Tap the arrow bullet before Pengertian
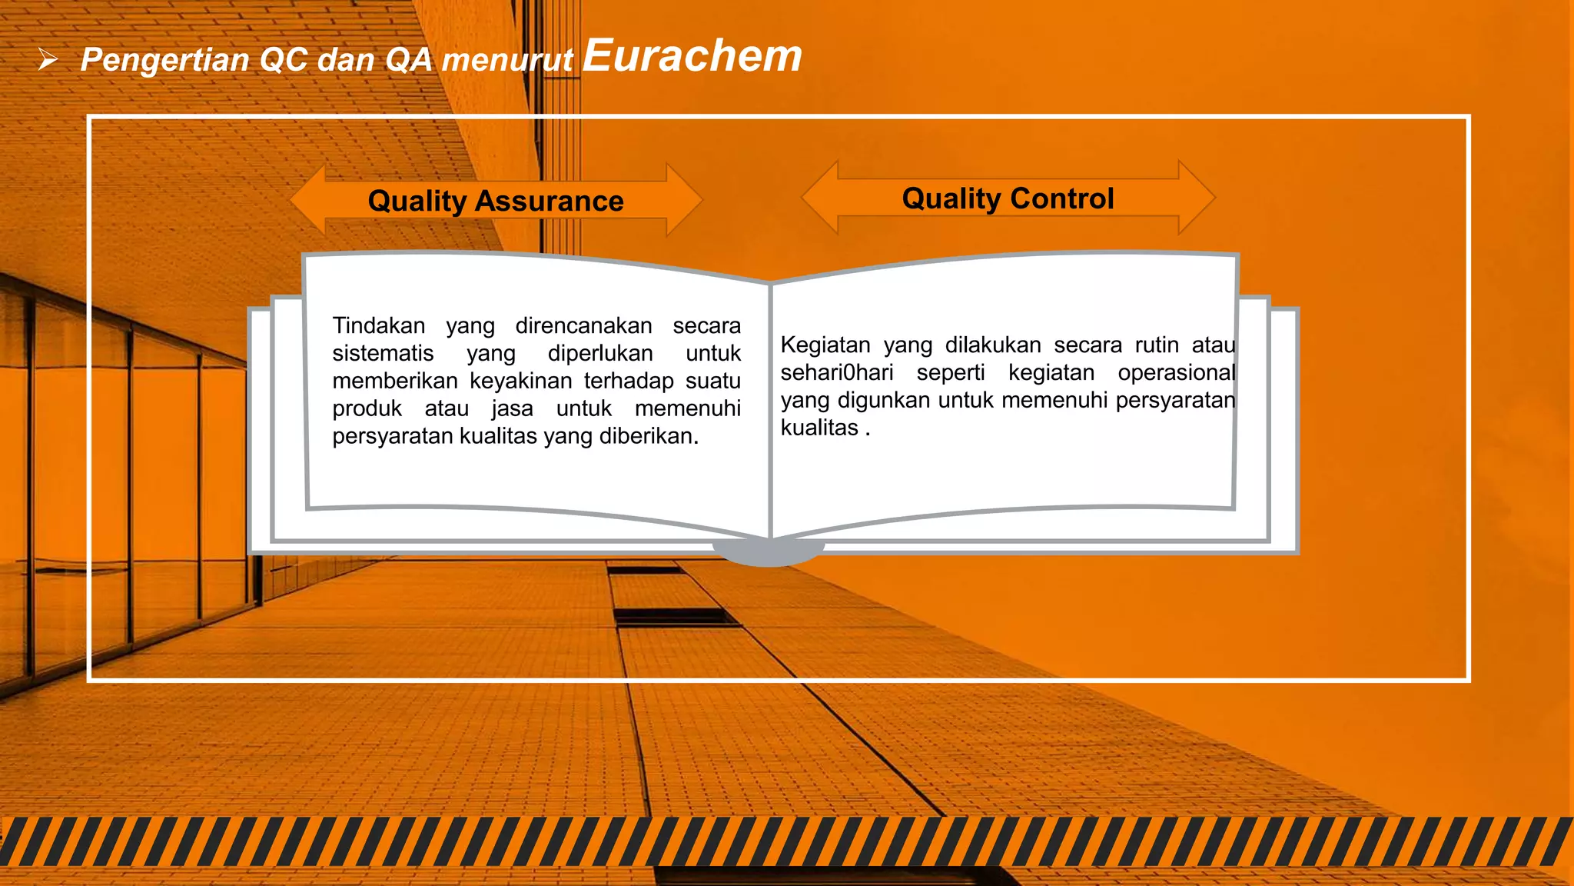48,59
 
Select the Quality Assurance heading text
496,201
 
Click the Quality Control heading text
1008,198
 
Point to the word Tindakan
378,325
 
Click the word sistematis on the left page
383,353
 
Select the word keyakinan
520,381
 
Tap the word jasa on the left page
512,408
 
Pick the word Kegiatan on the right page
825,345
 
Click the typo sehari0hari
837,372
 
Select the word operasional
1176,372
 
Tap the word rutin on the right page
1157,345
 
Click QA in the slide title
408,59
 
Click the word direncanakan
583,325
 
